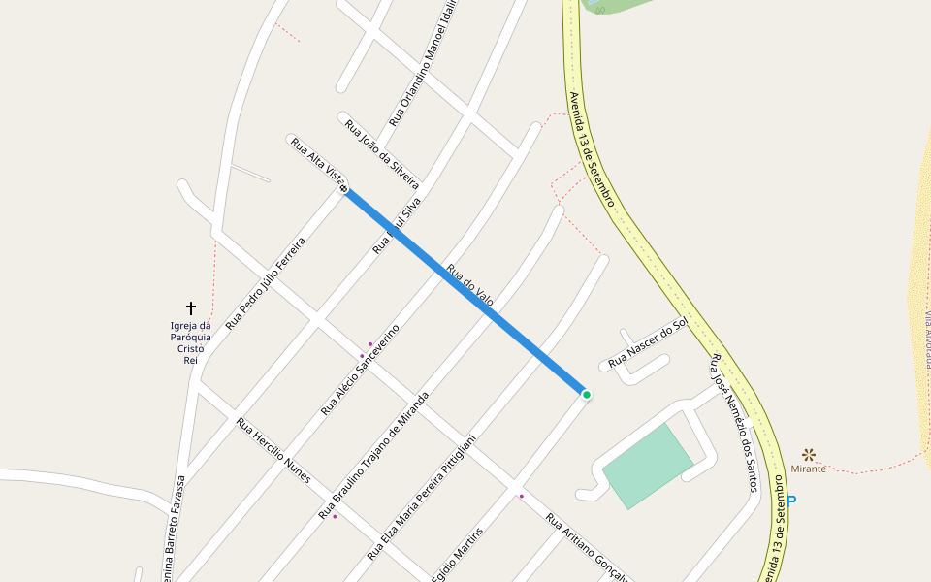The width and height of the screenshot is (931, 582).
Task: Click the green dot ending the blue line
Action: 587,394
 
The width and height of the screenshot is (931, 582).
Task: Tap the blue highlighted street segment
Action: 465,292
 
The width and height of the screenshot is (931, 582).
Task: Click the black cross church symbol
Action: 190,307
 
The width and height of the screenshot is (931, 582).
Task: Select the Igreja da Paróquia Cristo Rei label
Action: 190,342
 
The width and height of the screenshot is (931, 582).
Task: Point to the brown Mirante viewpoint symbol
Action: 808,453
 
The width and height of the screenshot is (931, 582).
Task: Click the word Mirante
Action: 808,469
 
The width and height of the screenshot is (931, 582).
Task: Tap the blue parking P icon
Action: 791,501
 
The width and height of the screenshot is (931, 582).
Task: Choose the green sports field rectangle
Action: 648,466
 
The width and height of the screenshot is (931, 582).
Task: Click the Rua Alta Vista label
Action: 318,162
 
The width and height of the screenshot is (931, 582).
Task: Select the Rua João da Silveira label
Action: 382,155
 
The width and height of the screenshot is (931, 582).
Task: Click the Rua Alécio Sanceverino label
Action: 360,370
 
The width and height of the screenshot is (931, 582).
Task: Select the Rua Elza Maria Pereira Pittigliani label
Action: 422,498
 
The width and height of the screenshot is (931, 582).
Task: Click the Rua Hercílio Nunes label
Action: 273,450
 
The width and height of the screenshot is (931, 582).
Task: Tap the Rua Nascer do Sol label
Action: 647,343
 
